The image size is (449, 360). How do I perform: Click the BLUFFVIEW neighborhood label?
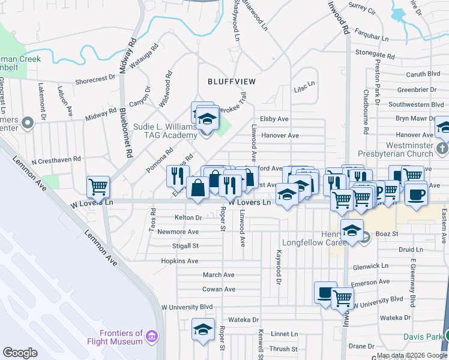[232, 81]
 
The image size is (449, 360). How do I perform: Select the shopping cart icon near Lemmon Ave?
[98, 186]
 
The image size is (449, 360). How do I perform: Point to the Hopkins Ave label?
[179, 261]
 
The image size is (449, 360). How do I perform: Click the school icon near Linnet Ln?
[203, 329]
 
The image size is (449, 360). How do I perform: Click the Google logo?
[20, 352]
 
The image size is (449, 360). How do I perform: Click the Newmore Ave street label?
[178, 232]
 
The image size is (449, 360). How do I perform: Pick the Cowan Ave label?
[218, 289]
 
